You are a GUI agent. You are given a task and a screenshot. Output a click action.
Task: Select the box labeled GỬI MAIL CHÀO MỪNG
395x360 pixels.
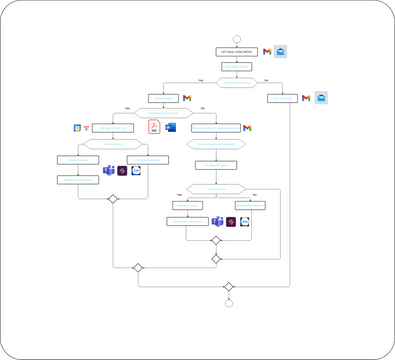pyautogui.click(x=237, y=51)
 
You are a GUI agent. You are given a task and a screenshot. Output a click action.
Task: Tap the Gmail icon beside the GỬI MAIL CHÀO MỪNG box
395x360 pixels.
pyautogui.click(x=267, y=51)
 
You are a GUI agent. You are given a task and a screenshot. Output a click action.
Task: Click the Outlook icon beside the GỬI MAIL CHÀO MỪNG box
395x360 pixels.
pyautogui.click(x=281, y=51)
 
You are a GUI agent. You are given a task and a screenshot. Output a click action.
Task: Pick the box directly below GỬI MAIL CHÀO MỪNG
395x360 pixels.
pyautogui.click(x=237, y=67)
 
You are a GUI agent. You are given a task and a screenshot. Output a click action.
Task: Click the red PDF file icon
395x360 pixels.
pyautogui.click(x=155, y=127)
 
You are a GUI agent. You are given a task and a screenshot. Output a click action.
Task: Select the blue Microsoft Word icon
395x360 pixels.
pyautogui.click(x=170, y=127)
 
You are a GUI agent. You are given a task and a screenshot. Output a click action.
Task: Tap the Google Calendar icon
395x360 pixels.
pyautogui.click(x=77, y=128)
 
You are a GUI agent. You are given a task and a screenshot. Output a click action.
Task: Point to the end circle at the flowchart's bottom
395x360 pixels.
pyautogui.click(x=229, y=303)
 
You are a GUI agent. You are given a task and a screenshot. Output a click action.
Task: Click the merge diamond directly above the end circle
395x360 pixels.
pyautogui.click(x=229, y=287)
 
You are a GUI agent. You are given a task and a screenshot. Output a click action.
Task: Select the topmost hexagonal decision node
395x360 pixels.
pyautogui.click(x=237, y=82)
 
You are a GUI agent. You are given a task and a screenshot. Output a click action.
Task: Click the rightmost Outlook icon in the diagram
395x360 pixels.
pyautogui.click(x=321, y=98)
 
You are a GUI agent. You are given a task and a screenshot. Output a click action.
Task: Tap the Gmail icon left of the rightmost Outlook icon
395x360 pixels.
pyautogui.click(x=307, y=98)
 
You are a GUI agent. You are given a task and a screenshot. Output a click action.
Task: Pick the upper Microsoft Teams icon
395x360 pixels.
pyautogui.click(x=109, y=171)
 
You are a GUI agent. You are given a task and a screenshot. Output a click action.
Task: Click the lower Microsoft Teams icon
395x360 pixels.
pyautogui.click(x=216, y=221)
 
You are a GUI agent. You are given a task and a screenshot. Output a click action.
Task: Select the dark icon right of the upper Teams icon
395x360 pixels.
pyautogui.click(x=122, y=171)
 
